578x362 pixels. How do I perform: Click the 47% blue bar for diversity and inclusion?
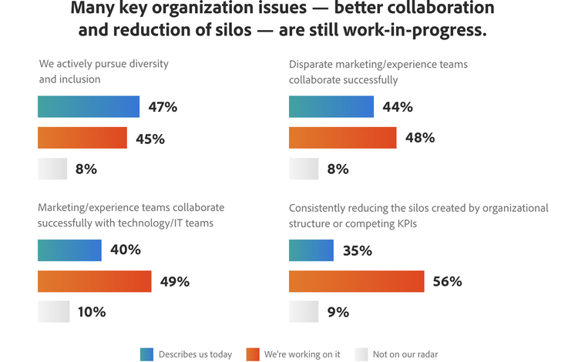point(89,107)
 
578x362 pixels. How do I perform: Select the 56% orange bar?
point(357,281)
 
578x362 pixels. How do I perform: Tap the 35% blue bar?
point(311,250)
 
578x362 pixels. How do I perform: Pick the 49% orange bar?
point(95,281)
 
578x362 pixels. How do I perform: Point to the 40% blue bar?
point(69,250)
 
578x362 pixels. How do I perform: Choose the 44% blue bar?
point(331,107)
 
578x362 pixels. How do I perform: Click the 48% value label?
point(420,138)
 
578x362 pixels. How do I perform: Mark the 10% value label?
point(92,312)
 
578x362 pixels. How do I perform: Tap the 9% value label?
point(338,312)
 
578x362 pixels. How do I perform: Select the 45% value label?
point(150,139)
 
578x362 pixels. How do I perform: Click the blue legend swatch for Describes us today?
point(146,354)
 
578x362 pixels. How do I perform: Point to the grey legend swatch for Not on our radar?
point(361,354)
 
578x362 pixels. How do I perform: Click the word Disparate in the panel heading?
point(310,65)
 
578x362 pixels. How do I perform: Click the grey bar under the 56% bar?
point(304,312)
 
